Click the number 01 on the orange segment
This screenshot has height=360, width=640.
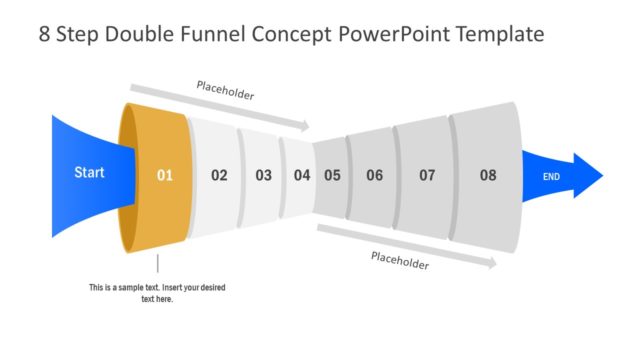pos(165,176)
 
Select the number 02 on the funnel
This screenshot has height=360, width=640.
pos(219,176)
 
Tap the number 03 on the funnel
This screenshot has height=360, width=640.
pos(263,176)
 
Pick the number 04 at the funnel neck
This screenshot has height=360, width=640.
pos(302,176)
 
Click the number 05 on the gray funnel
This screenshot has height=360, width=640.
pos(332,176)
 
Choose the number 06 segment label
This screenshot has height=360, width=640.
pos(374,176)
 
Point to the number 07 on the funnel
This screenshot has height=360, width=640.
pos(427,176)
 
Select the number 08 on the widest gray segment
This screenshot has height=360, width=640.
pos(487,176)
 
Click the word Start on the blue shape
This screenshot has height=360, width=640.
pos(89,173)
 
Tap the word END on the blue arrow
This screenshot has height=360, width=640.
pos(551,177)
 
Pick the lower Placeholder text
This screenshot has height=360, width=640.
pos(400,261)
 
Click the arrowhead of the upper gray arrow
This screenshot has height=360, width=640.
pos(304,127)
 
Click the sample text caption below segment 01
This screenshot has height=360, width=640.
pos(157,293)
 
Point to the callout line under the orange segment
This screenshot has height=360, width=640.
pos(157,265)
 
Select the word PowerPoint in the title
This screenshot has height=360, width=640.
pos(391,34)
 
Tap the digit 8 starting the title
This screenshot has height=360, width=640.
pos(45,34)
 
